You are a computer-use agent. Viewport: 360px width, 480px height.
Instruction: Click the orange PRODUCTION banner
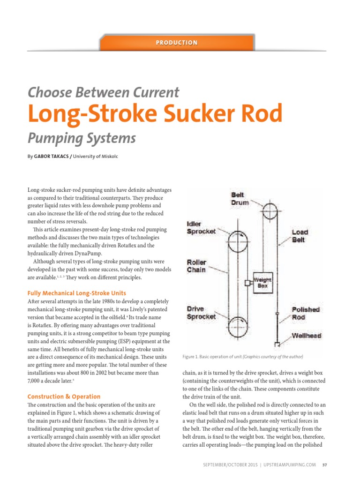point(177,43)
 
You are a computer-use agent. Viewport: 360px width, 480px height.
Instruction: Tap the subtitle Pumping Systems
point(82,138)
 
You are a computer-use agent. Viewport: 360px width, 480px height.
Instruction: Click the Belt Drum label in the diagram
point(240,199)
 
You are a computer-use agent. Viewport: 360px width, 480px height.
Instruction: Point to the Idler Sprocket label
point(201,227)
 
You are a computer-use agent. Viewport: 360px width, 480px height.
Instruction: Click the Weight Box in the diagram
point(263,282)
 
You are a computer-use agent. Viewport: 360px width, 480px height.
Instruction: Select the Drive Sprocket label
point(201,313)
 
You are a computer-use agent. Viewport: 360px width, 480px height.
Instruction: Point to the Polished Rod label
point(305,313)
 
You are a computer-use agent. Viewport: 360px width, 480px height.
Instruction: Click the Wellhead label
point(306,335)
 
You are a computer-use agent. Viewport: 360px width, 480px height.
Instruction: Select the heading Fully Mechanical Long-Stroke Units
point(76,293)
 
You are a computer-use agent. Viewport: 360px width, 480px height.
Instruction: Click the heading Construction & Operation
point(64,397)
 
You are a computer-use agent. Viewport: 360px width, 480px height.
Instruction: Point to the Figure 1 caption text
point(243,357)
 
